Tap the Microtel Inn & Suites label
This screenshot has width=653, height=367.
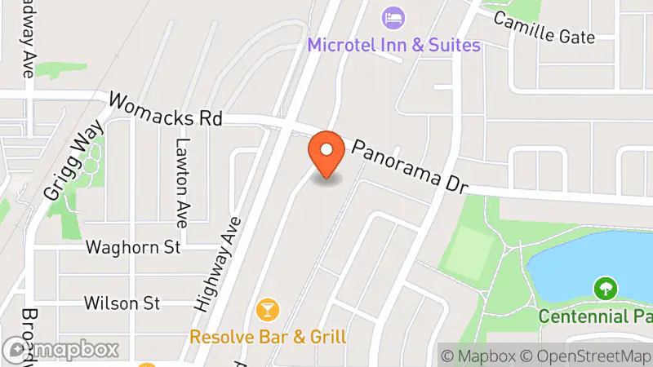393,45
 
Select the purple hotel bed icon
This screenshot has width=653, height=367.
393,16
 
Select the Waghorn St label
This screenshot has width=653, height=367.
132,246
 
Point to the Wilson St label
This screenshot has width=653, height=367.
122,303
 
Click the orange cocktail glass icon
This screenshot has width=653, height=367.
267,310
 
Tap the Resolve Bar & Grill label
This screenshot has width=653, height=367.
269,336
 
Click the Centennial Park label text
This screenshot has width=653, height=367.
594,315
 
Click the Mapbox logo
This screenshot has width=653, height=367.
61,350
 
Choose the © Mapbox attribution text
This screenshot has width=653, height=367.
478,356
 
